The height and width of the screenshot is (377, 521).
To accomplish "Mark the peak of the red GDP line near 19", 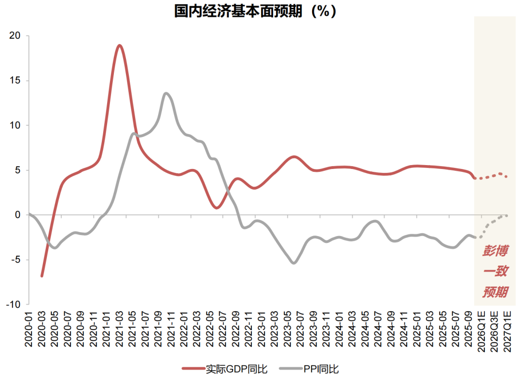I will pos(119,45).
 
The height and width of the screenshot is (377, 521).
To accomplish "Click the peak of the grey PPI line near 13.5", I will pos(166,93).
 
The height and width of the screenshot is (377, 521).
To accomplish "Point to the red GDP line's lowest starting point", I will pos(42,276).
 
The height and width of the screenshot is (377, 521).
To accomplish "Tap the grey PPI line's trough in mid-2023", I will pos(294,263).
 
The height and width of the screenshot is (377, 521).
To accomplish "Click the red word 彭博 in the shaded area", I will pos(495,251).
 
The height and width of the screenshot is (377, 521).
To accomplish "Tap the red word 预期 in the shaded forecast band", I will pos(495,292).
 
